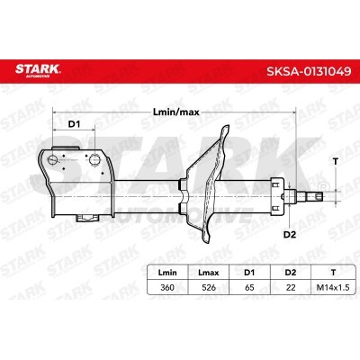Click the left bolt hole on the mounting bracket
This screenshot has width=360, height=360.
[x=56, y=162]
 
